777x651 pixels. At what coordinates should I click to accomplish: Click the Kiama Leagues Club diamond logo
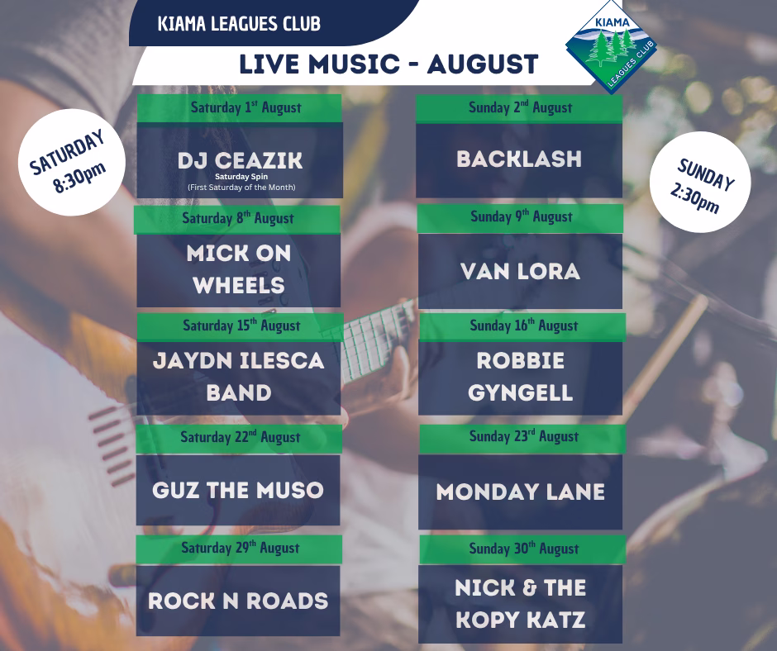pyautogui.click(x=612, y=46)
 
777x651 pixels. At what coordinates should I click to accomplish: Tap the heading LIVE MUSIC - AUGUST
pyautogui.click(x=388, y=64)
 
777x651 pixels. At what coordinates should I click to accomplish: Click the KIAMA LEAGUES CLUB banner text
pyautogui.click(x=239, y=24)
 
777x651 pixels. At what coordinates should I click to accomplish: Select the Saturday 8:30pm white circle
pyautogui.click(x=72, y=162)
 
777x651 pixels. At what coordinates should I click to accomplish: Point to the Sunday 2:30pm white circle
pyautogui.click(x=700, y=183)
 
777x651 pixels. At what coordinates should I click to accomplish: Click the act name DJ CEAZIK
pyautogui.click(x=240, y=160)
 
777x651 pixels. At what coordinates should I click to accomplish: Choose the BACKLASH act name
pyautogui.click(x=519, y=159)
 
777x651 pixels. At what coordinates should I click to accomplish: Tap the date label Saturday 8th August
pyautogui.click(x=238, y=218)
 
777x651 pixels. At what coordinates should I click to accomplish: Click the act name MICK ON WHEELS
pyautogui.click(x=239, y=269)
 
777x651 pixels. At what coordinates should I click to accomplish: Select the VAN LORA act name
pyautogui.click(x=520, y=272)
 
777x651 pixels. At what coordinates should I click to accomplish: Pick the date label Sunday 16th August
pyautogui.click(x=524, y=325)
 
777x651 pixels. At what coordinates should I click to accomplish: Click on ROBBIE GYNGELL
pyautogui.click(x=520, y=377)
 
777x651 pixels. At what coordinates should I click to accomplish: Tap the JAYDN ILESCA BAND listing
pyautogui.click(x=238, y=377)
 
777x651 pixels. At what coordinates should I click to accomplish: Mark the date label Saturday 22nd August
pyautogui.click(x=241, y=437)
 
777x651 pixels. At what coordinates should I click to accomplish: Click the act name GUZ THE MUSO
pyautogui.click(x=238, y=491)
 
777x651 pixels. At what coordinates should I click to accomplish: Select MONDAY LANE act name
pyautogui.click(x=520, y=492)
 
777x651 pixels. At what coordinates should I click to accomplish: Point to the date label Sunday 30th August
pyautogui.click(x=524, y=549)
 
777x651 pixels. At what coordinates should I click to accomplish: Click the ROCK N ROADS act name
pyautogui.click(x=238, y=601)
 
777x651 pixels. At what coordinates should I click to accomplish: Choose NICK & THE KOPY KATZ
pyautogui.click(x=520, y=603)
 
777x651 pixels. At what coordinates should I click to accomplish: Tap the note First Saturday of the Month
pyautogui.click(x=241, y=188)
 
